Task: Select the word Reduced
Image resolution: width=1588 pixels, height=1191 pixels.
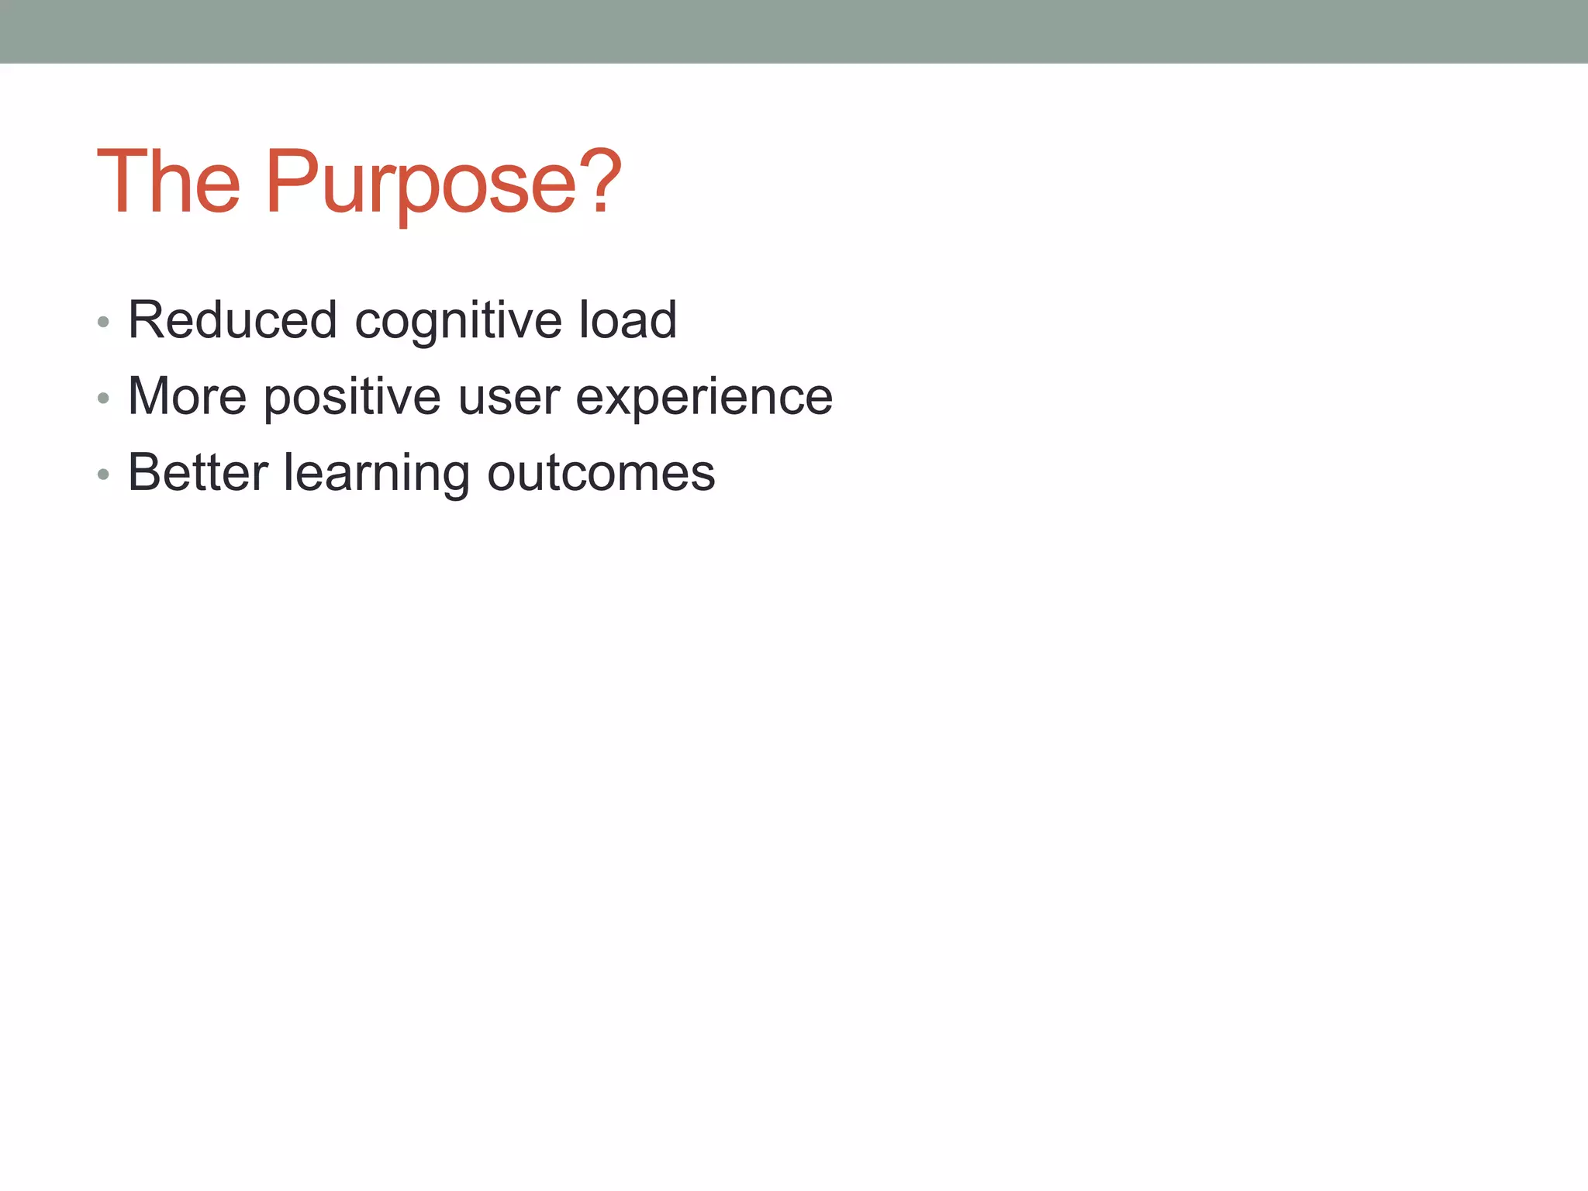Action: [x=232, y=319]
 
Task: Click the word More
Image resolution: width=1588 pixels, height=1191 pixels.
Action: [x=187, y=396]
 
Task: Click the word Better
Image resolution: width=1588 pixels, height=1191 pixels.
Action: [x=198, y=472]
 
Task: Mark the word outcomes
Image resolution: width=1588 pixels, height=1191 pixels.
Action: [x=601, y=472]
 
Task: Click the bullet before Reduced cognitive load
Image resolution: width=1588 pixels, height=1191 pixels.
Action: [x=103, y=322]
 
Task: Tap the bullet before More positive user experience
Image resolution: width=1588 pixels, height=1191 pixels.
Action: [x=103, y=399]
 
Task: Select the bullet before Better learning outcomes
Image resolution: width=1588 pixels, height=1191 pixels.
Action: [x=103, y=475]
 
